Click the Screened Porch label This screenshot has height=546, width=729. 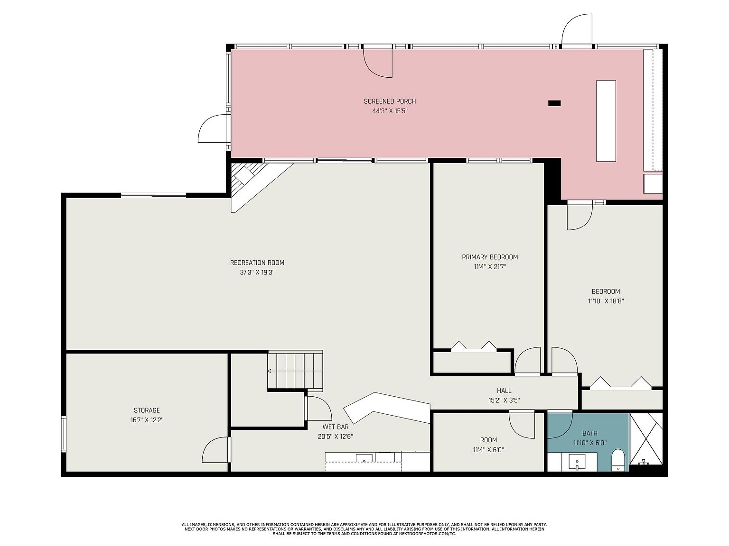[x=390, y=101]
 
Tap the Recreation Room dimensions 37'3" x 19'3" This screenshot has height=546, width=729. [x=257, y=273]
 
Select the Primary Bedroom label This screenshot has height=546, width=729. [x=490, y=257]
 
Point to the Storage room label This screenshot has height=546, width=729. [x=147, y=410]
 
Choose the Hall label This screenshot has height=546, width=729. [x=504, y=391]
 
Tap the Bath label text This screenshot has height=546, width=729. [x=590, y=433]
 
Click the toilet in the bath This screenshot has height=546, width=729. [x=618, y=460]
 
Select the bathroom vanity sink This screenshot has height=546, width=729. [x=578, y=462]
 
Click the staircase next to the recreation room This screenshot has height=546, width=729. [x=295, y=370]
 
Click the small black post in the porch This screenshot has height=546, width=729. [x=554, y=103]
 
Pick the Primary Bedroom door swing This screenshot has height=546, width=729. [x=528, y=361]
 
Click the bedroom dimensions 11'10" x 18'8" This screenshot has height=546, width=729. [x=606, y=301]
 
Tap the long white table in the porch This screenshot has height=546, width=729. [x=606, y=121]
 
